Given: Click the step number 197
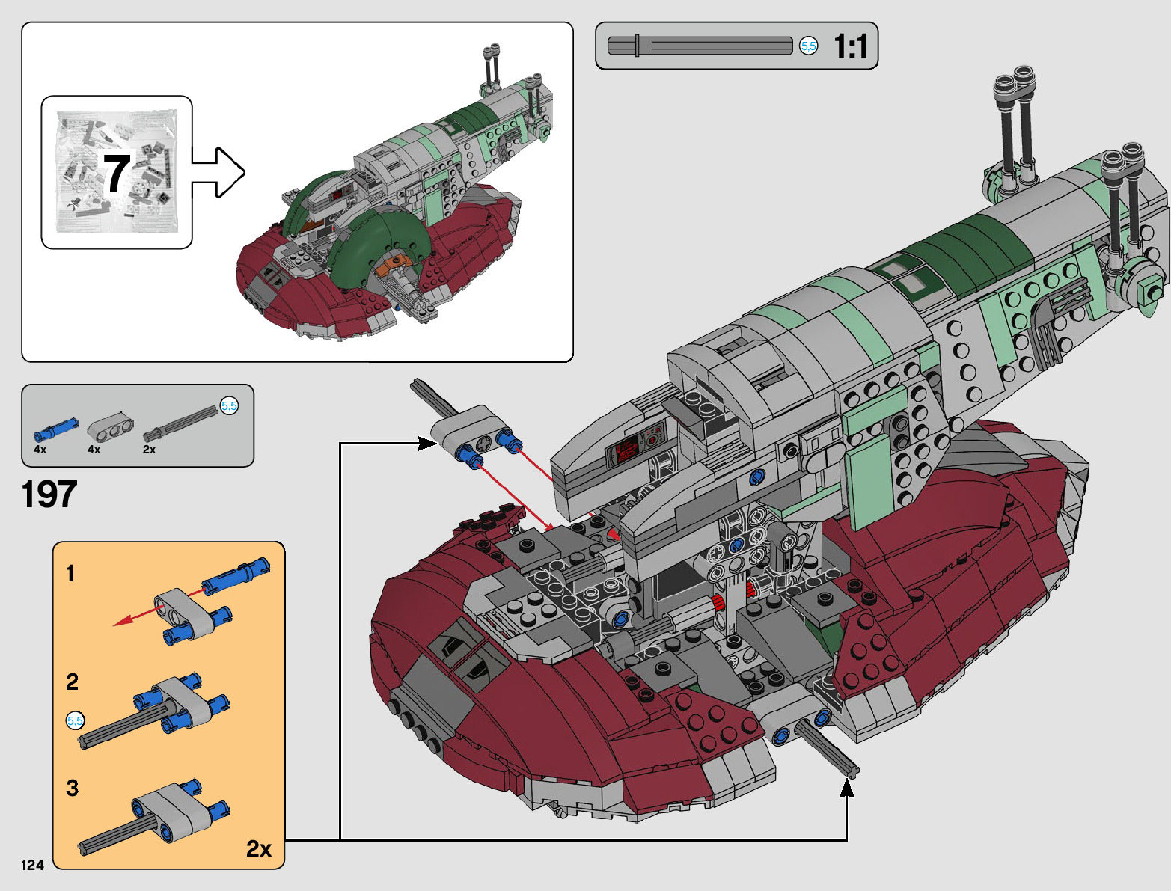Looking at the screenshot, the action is pyautogui.click(x=49, y=494).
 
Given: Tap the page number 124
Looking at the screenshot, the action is pyautogui.click(x=32, y=865).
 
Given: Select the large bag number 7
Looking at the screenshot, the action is pyautogui.click(x=116, y=174).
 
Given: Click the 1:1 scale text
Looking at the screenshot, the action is pyautogui.click(x=851, y=46).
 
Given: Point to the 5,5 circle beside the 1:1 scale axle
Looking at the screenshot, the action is pyautogui.click(x=809, y=46).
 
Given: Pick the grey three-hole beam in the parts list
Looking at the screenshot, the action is pyautogui.click(x=111, y=427).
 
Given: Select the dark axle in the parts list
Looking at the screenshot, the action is pyautogui.click(x=180, y=424).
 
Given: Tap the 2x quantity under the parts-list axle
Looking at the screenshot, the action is pyautogui.click(x=150, y=450).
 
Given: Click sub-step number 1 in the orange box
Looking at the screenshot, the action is pyautogui.click(x=70, y=574).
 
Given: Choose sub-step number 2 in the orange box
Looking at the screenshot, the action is pyautogui.click(x=72, y=682).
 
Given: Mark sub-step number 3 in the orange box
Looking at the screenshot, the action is pyautogui.click(x=72, y=788).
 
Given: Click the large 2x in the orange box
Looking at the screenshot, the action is pyautogui.click(x=259, y=848).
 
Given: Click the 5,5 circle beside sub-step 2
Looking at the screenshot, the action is pyautogui.click(x=76, y=721).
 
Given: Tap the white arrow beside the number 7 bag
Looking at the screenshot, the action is pyautogui.click(x=218, y=173).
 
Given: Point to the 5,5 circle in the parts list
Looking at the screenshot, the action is pyautogui.click(x=229, y=406).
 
